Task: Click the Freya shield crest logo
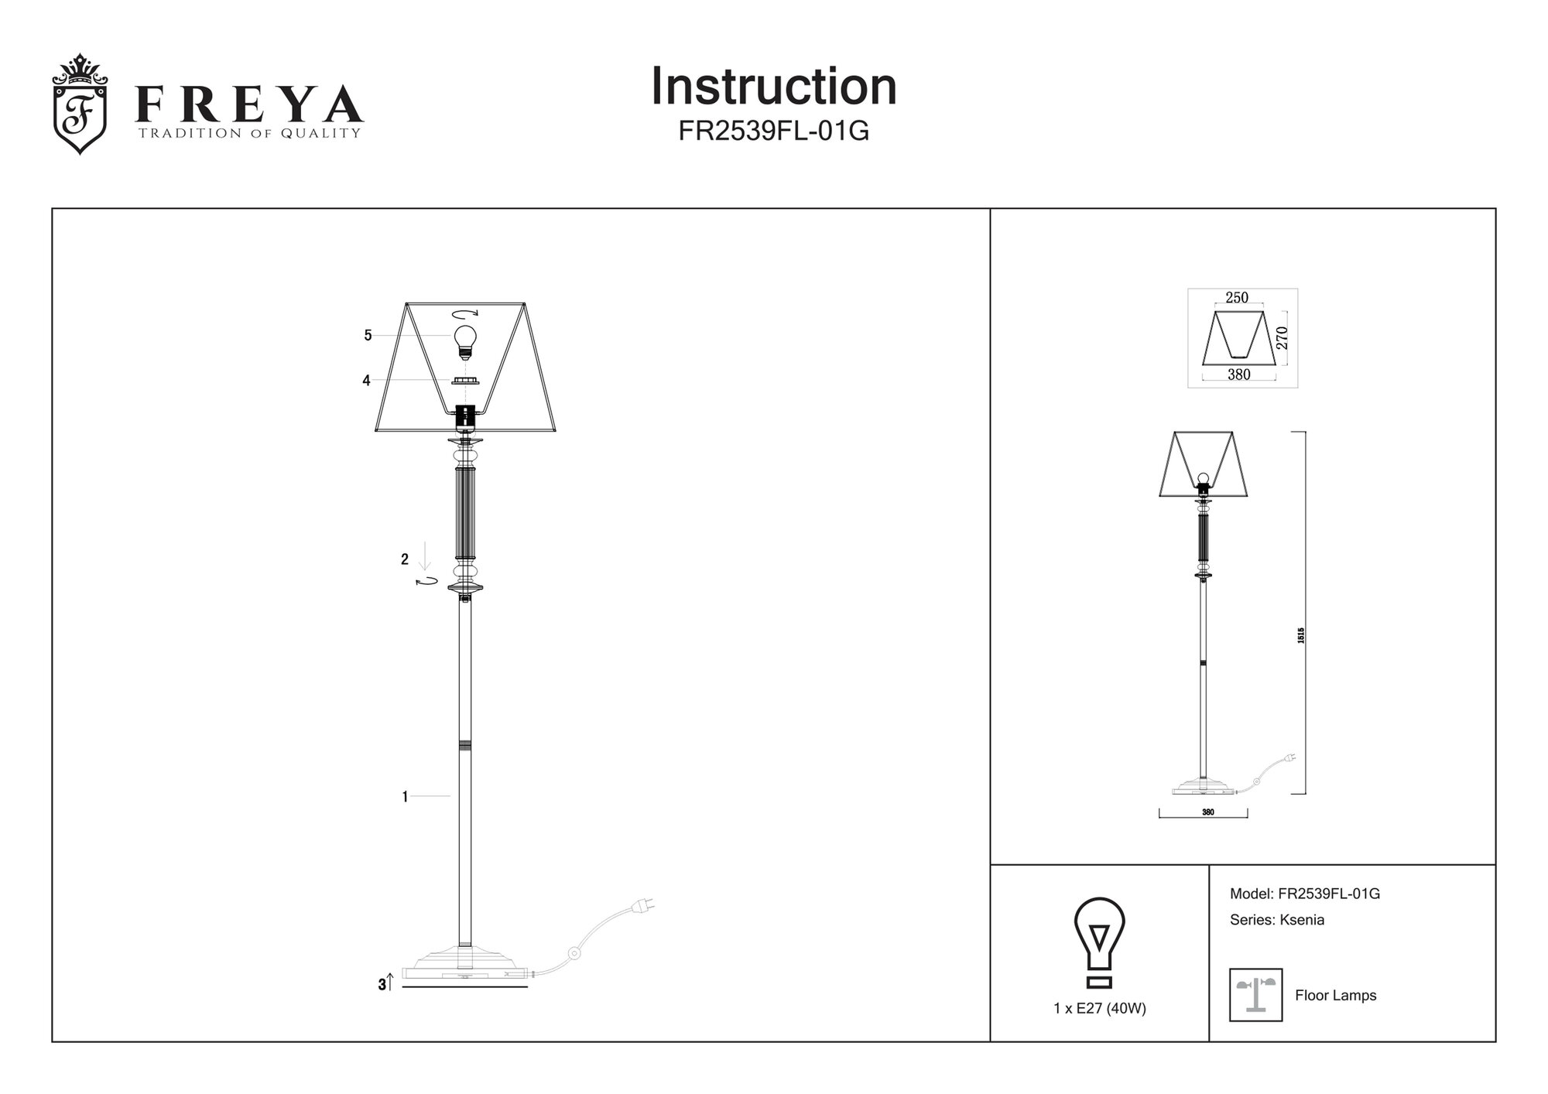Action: point(79,106)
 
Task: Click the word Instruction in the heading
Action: point(773,87)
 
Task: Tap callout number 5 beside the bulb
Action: point(368,336)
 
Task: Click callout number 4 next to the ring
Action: point(367,381)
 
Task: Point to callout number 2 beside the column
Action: point(405,559)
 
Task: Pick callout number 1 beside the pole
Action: point(405,797)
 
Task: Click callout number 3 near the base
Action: point(382,985)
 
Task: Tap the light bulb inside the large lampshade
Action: point(464,341)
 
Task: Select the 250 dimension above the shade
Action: point(1237,298)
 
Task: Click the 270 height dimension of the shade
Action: point(1282,337)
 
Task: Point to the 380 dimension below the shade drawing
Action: point(1239,374)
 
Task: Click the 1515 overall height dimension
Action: point(1300,635)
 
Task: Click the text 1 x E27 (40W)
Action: point(1099,1009)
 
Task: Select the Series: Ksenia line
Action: point(1277,920)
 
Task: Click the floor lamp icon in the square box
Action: point(1255,995)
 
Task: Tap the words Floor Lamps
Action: point(1336,996)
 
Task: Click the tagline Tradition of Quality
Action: point(248,133)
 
